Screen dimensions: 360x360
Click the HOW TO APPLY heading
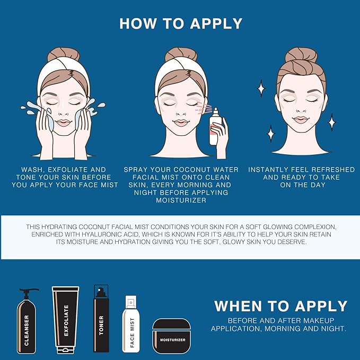click(x=180, y=24)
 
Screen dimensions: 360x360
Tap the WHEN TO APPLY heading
click(x=280, y=306)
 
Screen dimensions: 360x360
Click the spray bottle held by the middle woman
click(x=215, y=126)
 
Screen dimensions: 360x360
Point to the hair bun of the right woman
click(x=301, y=55)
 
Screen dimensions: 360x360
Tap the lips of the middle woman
click(x=181, y=122)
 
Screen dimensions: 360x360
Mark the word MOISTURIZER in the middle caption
click(x=180, y=201)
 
